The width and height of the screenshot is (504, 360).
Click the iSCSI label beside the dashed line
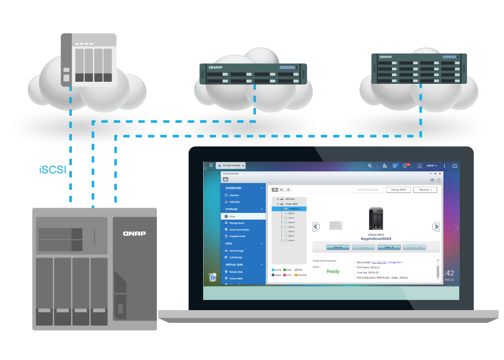click(x=52, y=170)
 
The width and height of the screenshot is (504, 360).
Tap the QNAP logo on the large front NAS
click(x=134, y=233)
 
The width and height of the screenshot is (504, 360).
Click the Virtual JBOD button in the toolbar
click(x=399, y=190)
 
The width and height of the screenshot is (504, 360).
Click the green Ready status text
click(x=333, y=272)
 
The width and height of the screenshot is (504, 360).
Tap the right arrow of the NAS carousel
click(x=436, y=226)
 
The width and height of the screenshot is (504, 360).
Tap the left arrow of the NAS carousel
click(x=316, y=226)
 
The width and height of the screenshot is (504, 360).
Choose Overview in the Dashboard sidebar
click(x=234, y=195)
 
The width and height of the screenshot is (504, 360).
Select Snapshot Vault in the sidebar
click(x=237, y=236)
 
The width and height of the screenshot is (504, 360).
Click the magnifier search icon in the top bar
click(x=369, y=166)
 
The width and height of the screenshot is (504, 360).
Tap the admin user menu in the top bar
click(x=431, y=166)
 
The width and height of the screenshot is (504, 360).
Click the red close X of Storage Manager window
click(x=440, y=174)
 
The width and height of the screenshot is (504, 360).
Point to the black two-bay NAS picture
click(x=376, y=219)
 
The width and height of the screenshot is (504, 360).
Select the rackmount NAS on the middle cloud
click(x=253, y=74)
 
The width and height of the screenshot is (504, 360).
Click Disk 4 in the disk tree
click(x=291, y=222)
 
